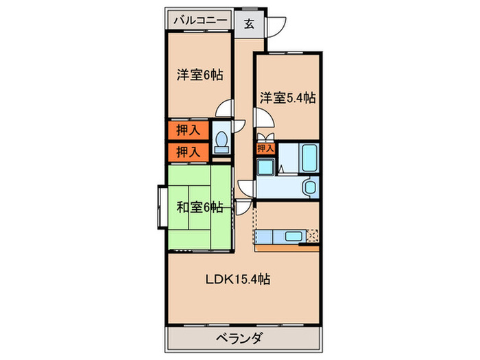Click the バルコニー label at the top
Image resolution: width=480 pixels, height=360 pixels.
click(x=200, y=21)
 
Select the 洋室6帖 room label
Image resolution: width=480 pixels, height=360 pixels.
click(x=200, y=75)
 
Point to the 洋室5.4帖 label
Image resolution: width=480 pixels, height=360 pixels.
click(x=287, y=98)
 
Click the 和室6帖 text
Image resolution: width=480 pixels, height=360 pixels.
click(x=200, y=206)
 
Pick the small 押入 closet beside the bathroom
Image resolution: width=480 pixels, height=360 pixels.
click(x=265, y=148)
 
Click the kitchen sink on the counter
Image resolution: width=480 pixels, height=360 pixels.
click(x=292, y=237)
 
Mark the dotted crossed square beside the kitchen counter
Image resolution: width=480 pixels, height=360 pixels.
click(x=312, y=237)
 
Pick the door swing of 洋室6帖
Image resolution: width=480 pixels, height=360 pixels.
click(x=224, y=110)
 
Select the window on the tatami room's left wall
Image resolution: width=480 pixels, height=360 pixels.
click(x=160, y=206)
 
